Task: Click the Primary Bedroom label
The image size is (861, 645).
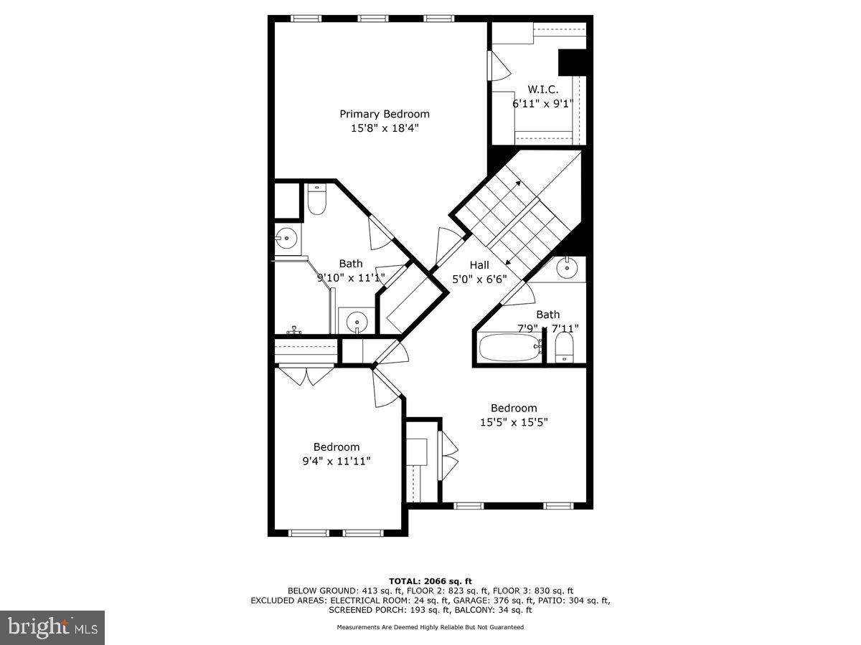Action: point(385,114)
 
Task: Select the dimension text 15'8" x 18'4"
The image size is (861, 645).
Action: point(385,128)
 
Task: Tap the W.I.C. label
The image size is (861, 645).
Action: point(542,90)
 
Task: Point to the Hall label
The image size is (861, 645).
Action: point(479,265)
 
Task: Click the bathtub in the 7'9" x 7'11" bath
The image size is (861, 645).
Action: point(508,349)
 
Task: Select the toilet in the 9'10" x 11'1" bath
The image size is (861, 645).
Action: point(316,200)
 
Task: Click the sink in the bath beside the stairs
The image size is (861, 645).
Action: point(567,268)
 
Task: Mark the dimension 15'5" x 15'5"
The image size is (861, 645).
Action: point(514,422)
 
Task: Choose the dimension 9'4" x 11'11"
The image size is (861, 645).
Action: point(337,461)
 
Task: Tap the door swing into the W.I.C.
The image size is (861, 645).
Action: point(499,67)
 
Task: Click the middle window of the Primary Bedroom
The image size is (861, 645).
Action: point(372,19)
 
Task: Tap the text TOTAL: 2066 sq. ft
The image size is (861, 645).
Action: point(430,580)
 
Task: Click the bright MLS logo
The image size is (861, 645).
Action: point(52,628)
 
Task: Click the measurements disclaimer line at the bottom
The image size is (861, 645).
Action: point(430,627)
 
